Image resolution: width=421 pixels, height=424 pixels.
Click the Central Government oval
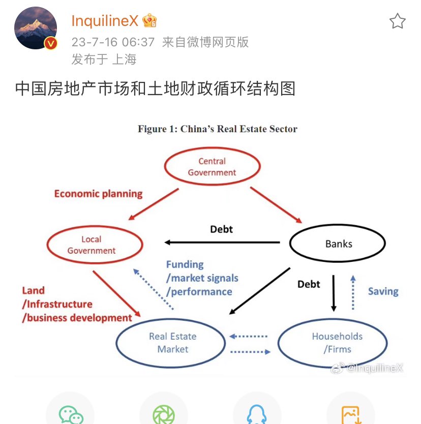pyautogui.click(x=212, y=167)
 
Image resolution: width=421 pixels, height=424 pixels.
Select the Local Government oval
pyautogui.click(x=92, y=245)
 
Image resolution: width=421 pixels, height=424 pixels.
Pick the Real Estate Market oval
pyautogui.click(x=172, y=343)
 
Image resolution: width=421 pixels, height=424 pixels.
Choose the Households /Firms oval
pyautogui.click(x=337, y=343)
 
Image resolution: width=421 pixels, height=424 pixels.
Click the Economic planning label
pyautogui.click(x=98, y=194)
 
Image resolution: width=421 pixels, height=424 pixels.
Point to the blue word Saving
pyautogui.click(x=383, y=291)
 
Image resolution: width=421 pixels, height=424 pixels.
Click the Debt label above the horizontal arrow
pyautogui.click(x=221, y=229)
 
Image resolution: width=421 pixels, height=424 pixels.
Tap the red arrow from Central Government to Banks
pyautogui.click(x=276, y=205)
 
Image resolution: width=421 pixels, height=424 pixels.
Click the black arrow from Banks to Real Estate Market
pyautogui.click(x=259, y=289)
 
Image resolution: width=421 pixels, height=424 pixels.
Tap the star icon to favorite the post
pyautogui.click(x=397, y=21)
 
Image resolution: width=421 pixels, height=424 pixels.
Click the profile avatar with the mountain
pyautogui.click(x=36, y=28)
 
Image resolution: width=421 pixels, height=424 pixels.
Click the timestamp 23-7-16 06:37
pyautogui.click(x=113, y=42)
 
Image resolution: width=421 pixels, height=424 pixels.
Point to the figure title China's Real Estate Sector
pyautogui.click(x=217, y=129)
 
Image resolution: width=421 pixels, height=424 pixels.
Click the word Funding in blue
pyautogui.click(x=185, y=264)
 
